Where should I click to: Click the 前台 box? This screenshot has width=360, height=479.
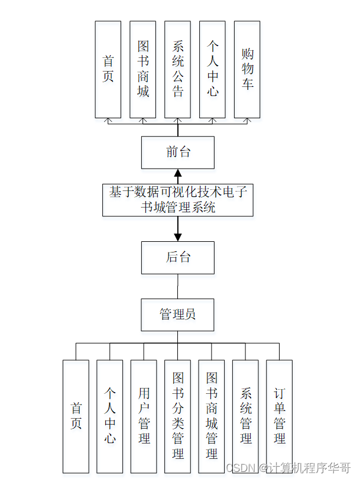[x=178, y=152]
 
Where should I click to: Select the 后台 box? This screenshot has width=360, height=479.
[x=178, y=257]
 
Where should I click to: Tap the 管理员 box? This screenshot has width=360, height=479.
[x=178, y=315]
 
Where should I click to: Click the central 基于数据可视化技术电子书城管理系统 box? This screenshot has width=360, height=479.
[x=178, y=199]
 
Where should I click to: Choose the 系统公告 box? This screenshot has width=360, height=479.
[x=178, y=69]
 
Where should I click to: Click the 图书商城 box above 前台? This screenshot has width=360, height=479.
[x=143, y=69]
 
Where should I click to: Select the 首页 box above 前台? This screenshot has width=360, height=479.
[x=108, y=69]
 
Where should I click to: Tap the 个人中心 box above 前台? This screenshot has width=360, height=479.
[x=213, y=69]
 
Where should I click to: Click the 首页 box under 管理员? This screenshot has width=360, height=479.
[x=76, y=416]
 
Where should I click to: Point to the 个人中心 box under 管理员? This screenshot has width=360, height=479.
[x=110, y=416]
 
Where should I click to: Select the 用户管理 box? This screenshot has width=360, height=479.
[x=144, y=416]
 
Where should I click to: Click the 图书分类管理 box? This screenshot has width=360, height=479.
[x=178, y=416]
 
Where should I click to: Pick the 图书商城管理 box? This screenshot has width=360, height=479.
[x=212, y=416]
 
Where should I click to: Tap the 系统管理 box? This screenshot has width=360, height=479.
[x=246, y=416]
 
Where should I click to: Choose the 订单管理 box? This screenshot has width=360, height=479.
[x=280, y=416]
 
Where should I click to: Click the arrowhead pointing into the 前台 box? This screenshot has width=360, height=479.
[x=178, y=173]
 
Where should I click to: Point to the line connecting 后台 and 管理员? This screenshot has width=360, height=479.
[x=178, y=286]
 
